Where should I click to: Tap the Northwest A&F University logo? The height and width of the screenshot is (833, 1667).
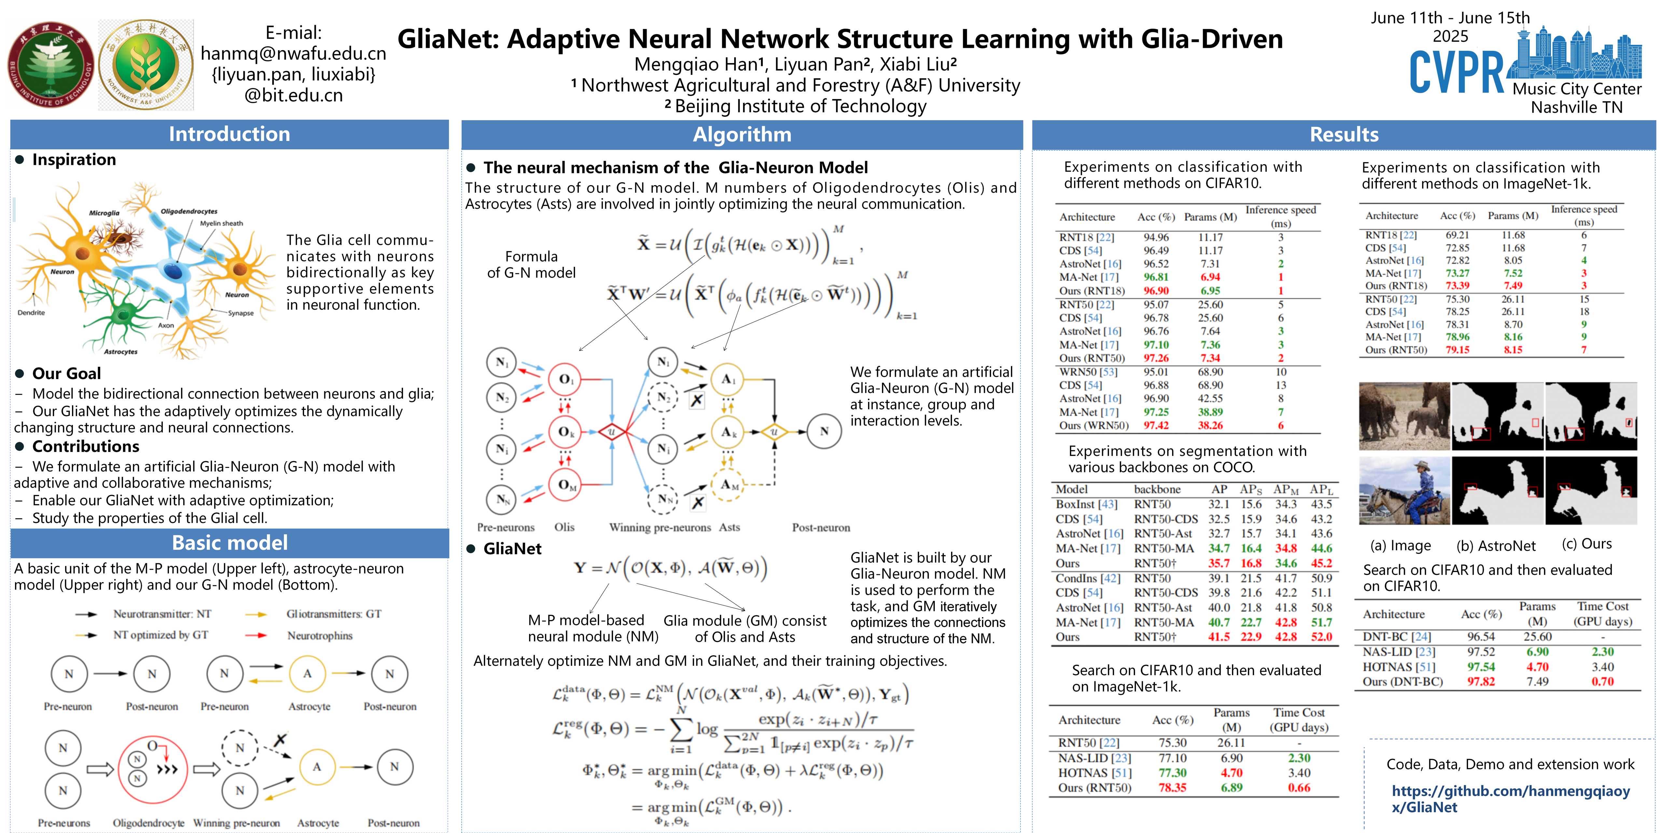tap(146, 65)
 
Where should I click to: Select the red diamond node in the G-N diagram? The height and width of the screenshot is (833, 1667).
tap(611, 431)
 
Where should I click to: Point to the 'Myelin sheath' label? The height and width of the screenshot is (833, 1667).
tap(221, 223)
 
